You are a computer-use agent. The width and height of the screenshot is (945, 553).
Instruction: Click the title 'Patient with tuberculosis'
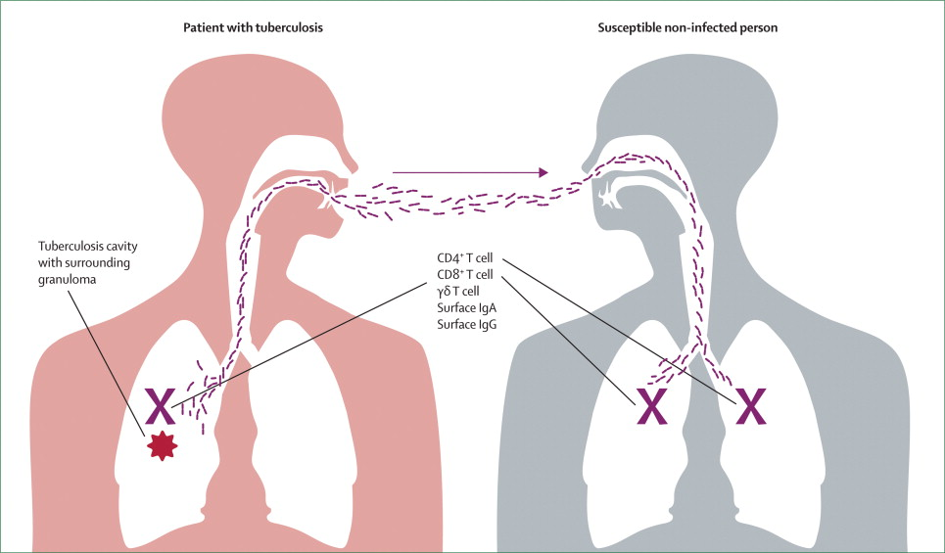253,27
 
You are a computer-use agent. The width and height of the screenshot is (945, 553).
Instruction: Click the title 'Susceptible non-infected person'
687,27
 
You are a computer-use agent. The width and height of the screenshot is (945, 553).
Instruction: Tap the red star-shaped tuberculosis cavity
163,445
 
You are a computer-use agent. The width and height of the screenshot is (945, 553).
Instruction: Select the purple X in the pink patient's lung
161,406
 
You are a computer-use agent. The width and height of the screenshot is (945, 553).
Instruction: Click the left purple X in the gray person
653,406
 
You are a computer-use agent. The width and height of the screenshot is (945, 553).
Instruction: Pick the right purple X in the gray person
751,406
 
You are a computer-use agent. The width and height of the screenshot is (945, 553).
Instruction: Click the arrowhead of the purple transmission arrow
543,172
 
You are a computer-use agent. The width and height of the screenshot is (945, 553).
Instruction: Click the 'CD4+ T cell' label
465,259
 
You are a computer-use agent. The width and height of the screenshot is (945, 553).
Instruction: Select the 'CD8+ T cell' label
465,275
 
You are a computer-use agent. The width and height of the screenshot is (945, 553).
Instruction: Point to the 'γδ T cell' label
458,293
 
